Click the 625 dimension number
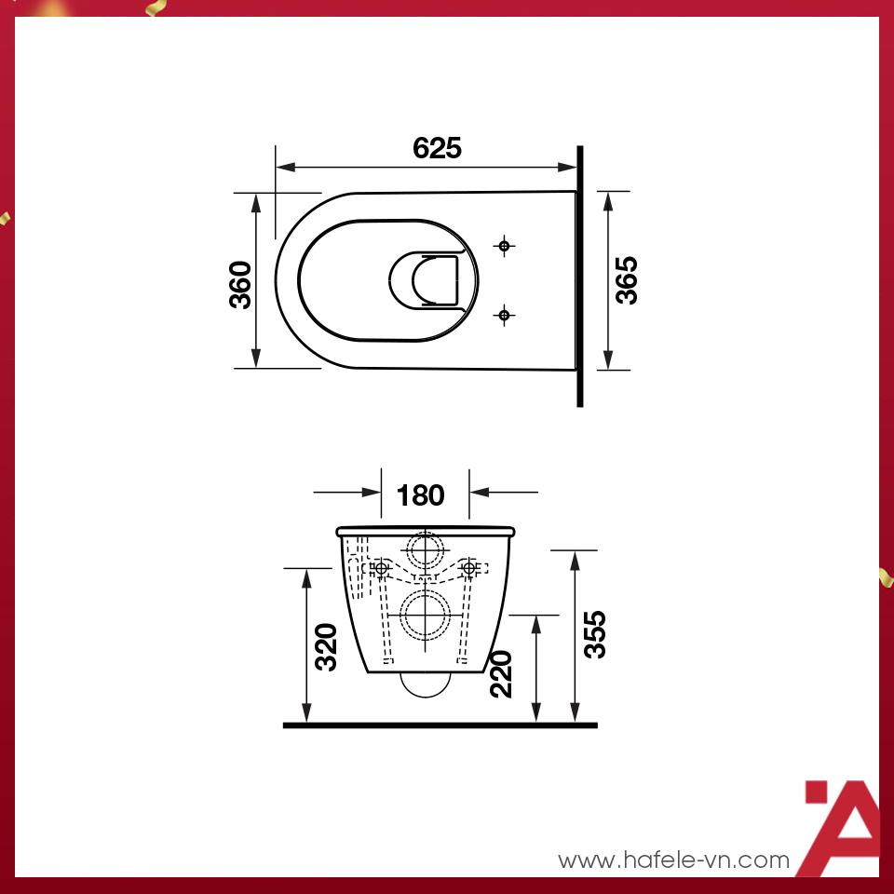(x=438, y=148)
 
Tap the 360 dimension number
(x=239, y=285)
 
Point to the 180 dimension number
(x=421, y=495)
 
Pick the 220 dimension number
(x=501, y=673)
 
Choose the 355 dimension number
(x=594, y=634)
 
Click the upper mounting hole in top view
(x=504, y=246)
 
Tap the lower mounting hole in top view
(x=504, y=315)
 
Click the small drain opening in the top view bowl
(x=426, y=279)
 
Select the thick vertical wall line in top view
(x=580, y=277)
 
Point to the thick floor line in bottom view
(x=440, y=724)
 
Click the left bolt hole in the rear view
(x=380, y=567)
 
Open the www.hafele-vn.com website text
(x=673, y=860)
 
